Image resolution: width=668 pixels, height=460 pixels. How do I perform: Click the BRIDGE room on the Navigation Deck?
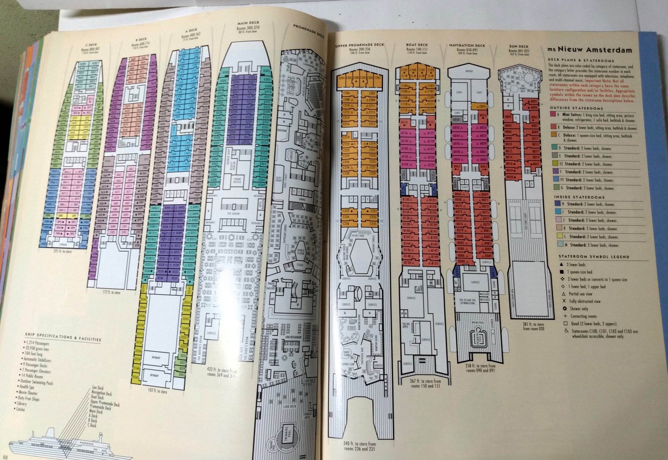[469, 71]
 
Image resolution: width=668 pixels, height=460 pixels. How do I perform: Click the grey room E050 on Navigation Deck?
[456, 120]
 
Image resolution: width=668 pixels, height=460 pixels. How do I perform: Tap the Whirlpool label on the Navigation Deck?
[477, 323]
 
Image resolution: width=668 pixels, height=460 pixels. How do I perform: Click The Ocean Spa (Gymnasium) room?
[467, 302]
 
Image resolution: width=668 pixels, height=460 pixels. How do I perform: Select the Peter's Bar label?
[358, 236]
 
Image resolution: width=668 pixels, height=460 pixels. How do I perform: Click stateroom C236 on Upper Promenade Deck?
[346, 224]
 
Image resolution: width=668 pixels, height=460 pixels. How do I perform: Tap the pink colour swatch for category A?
[553, 115]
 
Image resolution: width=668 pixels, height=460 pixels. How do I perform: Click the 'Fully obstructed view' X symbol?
[563, 301]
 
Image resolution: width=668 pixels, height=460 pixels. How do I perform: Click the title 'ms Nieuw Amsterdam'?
[590, 50]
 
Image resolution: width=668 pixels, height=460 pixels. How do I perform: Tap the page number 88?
[4, 457]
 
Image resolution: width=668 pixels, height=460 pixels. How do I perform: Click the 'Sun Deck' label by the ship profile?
[97, 388]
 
